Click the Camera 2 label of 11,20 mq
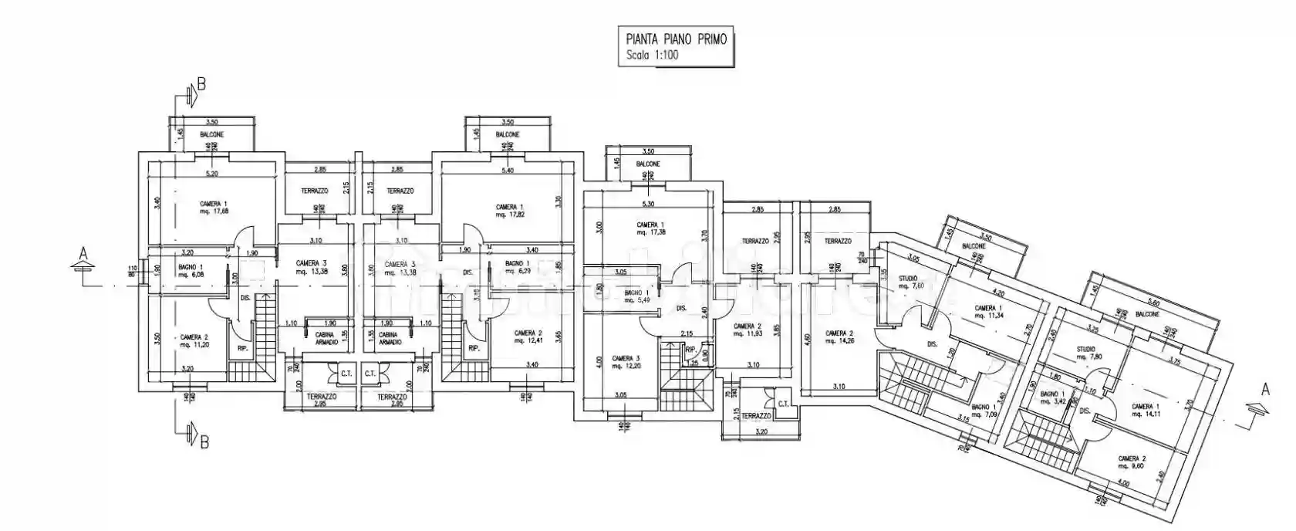click(194, 341)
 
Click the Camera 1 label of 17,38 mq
click(650, 229)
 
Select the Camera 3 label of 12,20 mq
click(626, 362)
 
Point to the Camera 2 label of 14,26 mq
click(839, 337)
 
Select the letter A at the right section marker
click(1264, 390)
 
